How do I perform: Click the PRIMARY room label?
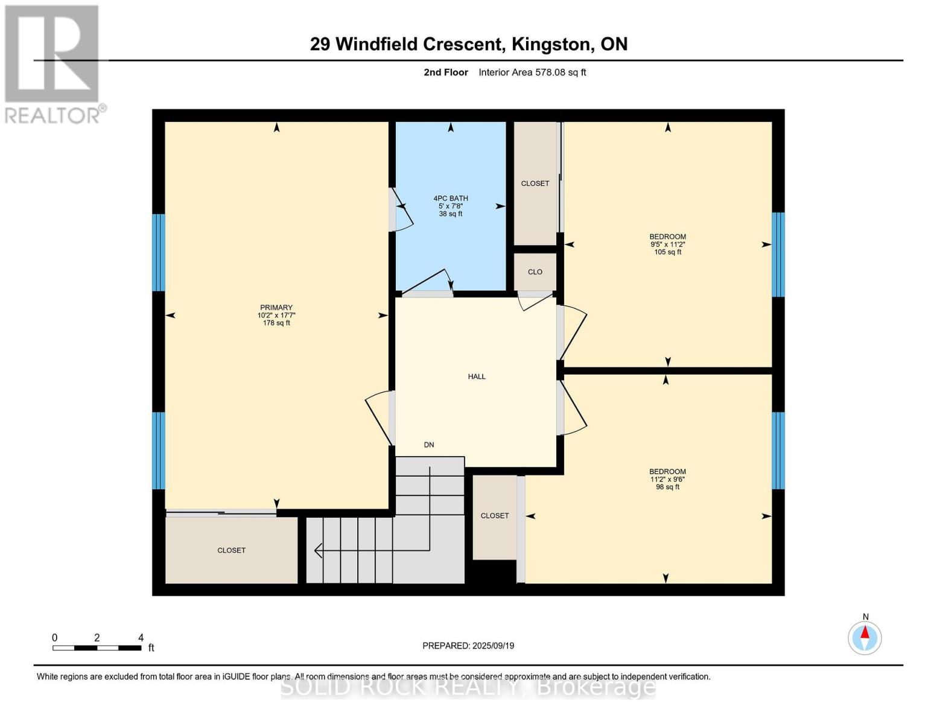click(x=276, y=307)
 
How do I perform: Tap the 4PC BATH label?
click(x=451, y=198)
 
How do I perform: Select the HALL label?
click(x=477, y=376)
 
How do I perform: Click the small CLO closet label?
click(x=535, y=272)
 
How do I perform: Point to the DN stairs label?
click(x=429, y=445)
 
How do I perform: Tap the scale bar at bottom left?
click(x=97, y=648)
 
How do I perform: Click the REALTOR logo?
click(x=53, y=63)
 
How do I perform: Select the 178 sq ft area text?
click(x=276, y=323)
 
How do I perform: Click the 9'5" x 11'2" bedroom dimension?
click(x=668, y=244)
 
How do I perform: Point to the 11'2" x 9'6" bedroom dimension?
click(x=667, y=480)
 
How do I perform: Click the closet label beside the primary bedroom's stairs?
click(x=232, y=550)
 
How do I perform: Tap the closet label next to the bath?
click(x=535, y=183)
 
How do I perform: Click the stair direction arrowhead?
click(x=318, y=550)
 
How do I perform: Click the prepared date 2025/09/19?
click(x=493, y=646)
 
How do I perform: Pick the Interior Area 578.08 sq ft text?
click(x=532, y=72)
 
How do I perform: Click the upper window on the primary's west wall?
click(x=158, y=252)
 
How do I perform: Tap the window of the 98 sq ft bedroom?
click(x=778, y=450)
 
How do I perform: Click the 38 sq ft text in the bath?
click(x=451, y=214)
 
